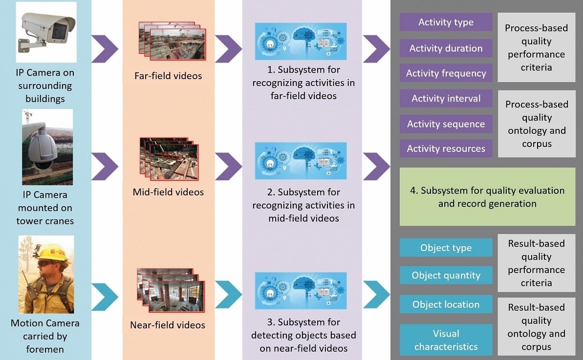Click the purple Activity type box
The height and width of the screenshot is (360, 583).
click(446, 22)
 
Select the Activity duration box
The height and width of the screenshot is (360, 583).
click(446, 48)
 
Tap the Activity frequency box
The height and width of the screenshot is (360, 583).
click(446, 73)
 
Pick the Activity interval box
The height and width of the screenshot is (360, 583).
click(446, 99)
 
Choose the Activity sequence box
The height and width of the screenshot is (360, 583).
click(446, 124)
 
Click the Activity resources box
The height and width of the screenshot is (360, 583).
click(446, 148)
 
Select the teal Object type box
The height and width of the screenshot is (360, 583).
click(446, 248)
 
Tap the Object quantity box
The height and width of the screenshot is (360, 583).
click(446, 275)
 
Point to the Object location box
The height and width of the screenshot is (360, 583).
click(446, 304)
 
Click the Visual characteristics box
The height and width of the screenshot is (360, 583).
click(446, 340)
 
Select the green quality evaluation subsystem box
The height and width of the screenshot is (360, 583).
click(487, 197)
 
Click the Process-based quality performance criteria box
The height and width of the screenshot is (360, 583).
click(536, 47)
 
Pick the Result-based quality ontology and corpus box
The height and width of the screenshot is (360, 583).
click(536, 327)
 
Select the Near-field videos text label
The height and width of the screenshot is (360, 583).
click(168, 325)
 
